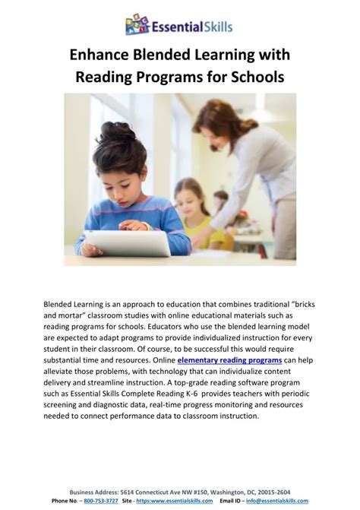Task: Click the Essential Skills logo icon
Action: pos(137,24)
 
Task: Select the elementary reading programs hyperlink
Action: pos(229,359)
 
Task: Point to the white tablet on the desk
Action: pos(128,243)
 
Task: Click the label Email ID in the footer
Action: pos(232,501)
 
